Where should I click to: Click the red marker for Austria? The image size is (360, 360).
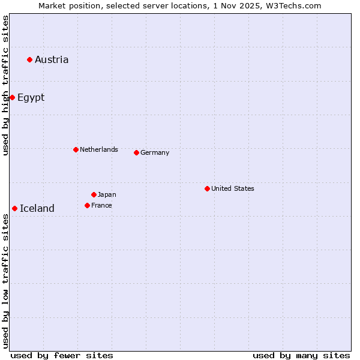(x=29, y=59)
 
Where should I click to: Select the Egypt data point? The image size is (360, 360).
(x=12, y=97)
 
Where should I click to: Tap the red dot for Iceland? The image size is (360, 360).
(x=14, y=208)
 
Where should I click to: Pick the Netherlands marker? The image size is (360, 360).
(x=76, y=149)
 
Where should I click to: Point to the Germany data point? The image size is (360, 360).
(x=136, y=152)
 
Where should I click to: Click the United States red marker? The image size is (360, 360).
(x=207, y=188)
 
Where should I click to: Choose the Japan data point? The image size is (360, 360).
(x=94, y=194)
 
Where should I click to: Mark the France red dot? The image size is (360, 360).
(x=87, y=205)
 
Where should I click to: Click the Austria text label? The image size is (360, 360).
(x=52, y=59)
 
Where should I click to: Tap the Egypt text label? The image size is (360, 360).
(x=31, y=97)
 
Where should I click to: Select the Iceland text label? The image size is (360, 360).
(x=37, y=208)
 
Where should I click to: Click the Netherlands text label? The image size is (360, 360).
(x=99, y=149)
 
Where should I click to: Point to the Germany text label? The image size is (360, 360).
(x=155, y=152)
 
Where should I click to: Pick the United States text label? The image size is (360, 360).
(x=233, y=188)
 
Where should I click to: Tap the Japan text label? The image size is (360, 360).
(x=107, y=194)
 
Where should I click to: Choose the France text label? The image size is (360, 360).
(x=101, y=205)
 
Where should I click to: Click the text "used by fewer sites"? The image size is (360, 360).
(x=62, y=355)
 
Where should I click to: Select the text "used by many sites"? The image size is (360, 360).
(x=301, y=355)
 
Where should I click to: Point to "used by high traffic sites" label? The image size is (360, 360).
(x=5, y=85)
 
